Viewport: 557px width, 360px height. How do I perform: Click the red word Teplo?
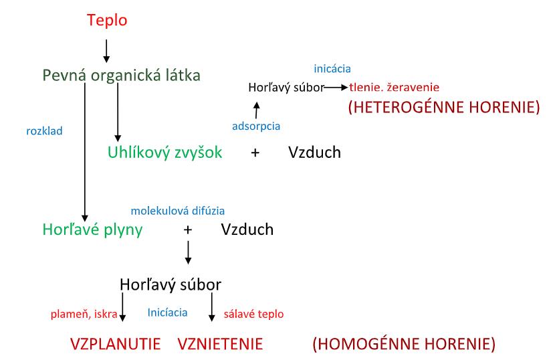107,21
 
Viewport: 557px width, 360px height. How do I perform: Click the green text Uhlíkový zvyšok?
164,153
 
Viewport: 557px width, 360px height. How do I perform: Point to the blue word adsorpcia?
256,125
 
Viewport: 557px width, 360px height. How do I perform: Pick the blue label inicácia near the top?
332,68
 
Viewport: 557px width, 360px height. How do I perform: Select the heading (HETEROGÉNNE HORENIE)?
443,107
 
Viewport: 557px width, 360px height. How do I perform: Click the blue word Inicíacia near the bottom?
167,312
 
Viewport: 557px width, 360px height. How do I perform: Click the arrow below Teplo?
106,50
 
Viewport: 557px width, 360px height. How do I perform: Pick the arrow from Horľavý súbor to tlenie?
334,88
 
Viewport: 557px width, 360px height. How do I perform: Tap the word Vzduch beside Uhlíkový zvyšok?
314,153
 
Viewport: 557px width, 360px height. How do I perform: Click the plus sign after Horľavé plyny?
188,230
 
